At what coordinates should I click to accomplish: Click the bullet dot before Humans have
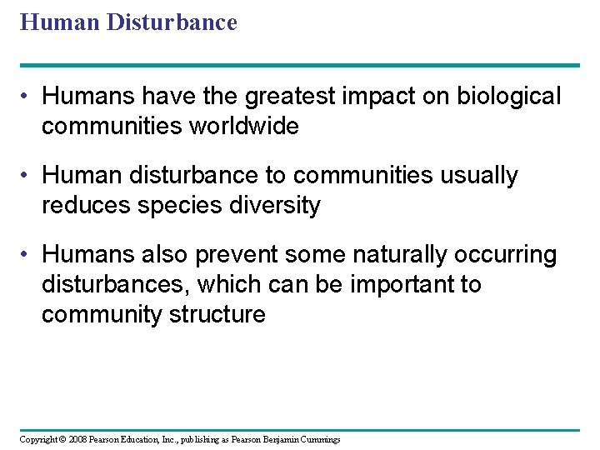[x=28, y=97]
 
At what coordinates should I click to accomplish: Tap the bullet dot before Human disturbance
[x=28, y=177]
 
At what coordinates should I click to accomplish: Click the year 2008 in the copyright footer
[x=78, y=439]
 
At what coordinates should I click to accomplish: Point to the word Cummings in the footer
[x=319, y=439]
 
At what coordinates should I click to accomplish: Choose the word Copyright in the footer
[x=39, y=439]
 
